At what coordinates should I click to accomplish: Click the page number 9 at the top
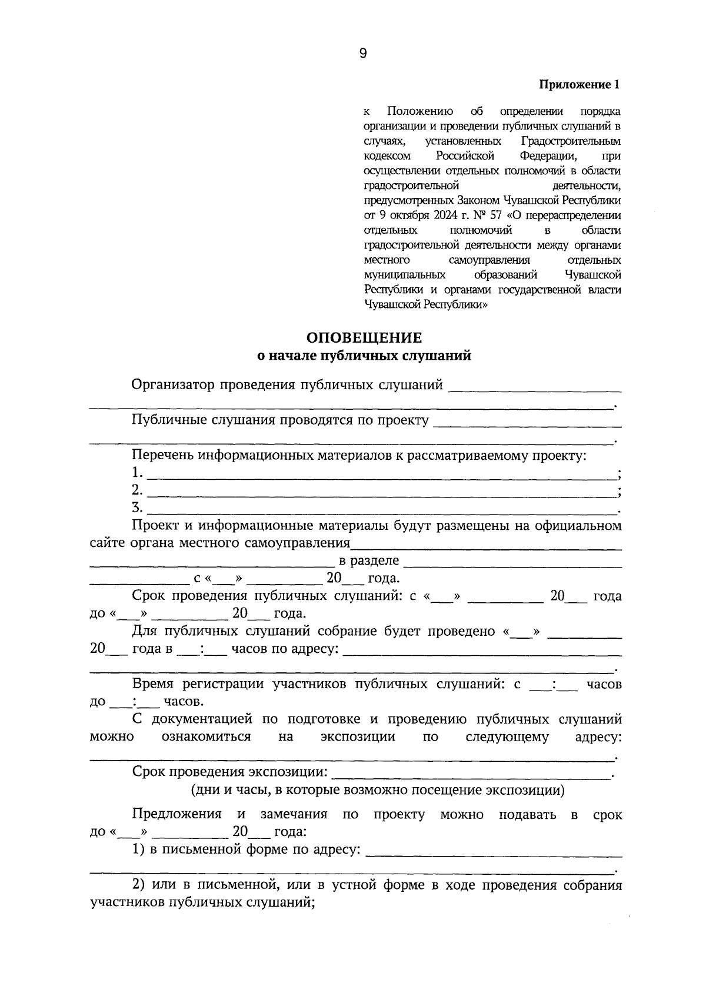coord(362,54)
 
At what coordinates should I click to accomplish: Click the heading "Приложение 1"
coord(580,85)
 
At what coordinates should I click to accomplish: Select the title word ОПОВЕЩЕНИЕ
coord(364,338)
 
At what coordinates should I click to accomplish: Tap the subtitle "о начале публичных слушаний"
coord(364,356)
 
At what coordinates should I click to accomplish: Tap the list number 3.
coord(137,507)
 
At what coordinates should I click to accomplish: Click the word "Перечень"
coord(162,455)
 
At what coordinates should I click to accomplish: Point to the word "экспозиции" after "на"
coord(358,737)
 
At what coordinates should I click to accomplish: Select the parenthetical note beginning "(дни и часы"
coord(377,790)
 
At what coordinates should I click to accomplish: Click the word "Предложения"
coord(176,815)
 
